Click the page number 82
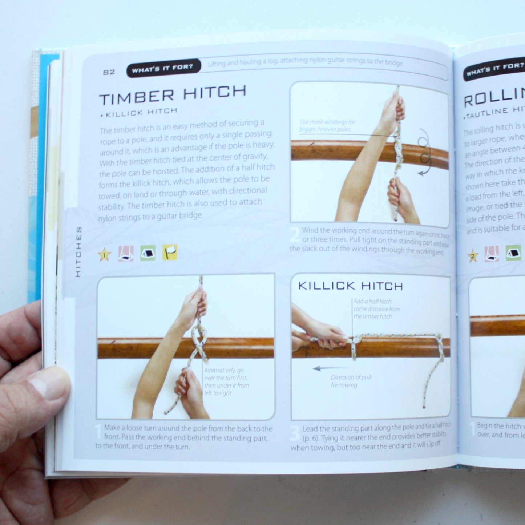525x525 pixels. tap(109, 72)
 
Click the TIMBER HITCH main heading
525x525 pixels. tap(173, 95)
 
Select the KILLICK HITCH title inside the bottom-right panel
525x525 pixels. tap(350, 286)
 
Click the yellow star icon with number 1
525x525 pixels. tap(104, 255)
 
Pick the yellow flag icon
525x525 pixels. tap(170, 252)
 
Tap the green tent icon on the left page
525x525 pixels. tap(148, 253)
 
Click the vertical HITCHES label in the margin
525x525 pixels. tap(78, 251)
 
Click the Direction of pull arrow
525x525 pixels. tap(327, 368)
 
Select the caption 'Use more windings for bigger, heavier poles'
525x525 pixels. tap(327, 126)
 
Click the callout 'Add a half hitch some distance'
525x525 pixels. tap(376, 309)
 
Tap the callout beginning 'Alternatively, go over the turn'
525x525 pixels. tap(226, 381)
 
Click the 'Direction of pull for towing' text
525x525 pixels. tap(350, 381)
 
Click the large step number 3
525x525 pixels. tap(295, 435)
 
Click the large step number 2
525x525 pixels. tap(295, 235)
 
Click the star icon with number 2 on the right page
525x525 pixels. tap(473, 256)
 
